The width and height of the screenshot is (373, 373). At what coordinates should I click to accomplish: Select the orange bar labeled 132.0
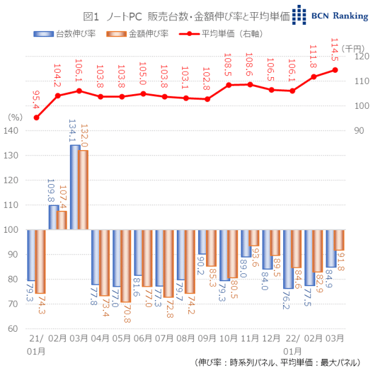pos(83,190)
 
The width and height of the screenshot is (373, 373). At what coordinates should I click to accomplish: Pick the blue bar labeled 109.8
pos(53,217)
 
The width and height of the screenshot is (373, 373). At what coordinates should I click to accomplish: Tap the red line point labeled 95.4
pos(36,117)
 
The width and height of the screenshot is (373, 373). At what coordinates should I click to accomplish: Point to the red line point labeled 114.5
pos(335,70)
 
